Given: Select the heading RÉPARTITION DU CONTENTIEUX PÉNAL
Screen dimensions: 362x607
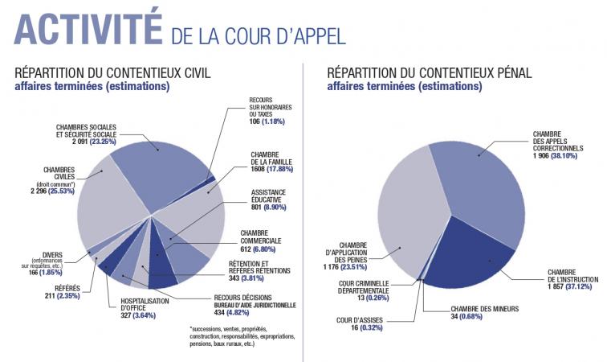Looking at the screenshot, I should [429, 72].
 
